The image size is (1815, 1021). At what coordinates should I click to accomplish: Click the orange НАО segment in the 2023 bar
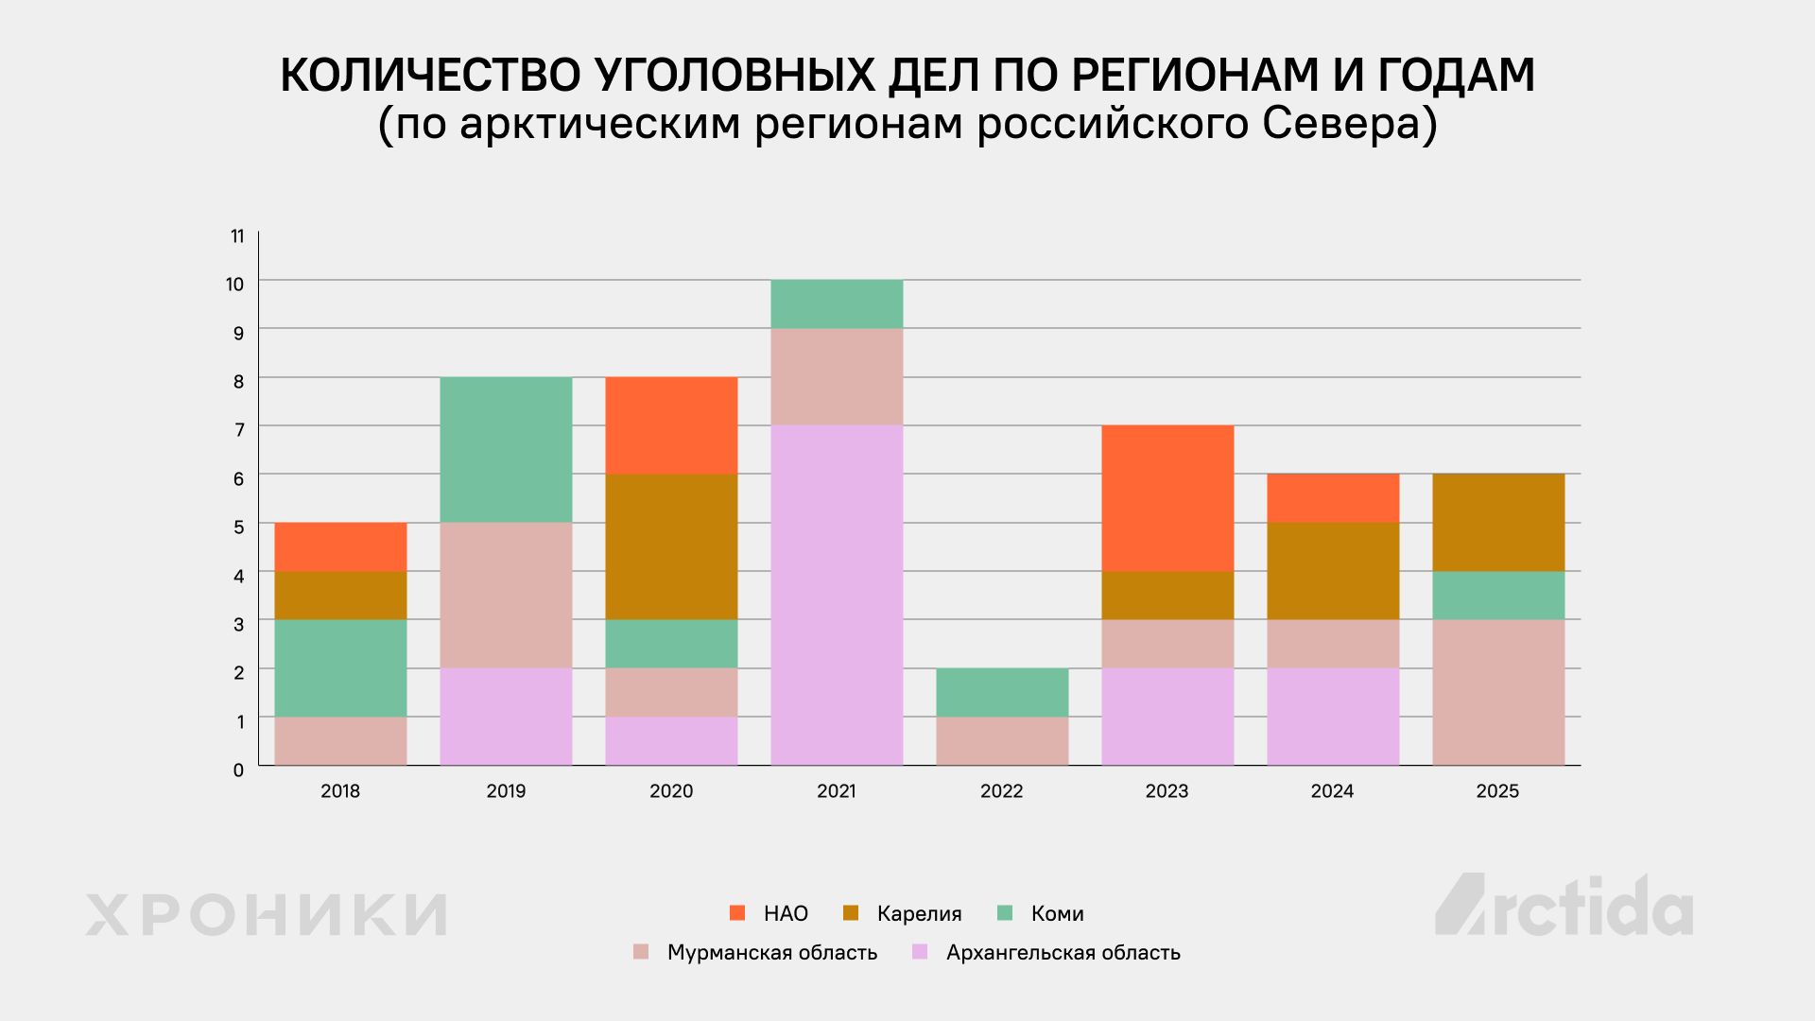point(1167,498)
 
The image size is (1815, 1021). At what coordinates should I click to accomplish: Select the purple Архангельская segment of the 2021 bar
point(837,596)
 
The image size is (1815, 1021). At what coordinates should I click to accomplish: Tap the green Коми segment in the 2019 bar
point(506,450)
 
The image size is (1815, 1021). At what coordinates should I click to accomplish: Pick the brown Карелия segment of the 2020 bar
point(671,546)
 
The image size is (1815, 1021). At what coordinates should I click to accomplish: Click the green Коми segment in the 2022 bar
point(1002,693)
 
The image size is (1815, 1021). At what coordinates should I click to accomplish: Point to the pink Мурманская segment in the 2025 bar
point(1498,693)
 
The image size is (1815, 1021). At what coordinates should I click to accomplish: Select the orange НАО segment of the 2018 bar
point(340,547)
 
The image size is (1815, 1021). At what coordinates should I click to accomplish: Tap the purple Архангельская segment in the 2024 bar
point(1333,718)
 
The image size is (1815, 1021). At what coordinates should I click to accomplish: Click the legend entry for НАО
point(769,913)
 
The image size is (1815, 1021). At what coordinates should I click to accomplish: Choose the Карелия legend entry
point(902,913)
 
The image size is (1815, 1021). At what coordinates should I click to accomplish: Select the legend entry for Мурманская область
point(755,952)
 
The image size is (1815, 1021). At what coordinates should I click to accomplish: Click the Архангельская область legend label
point(1046,952)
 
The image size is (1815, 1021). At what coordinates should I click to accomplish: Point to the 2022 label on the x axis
point(1002,791)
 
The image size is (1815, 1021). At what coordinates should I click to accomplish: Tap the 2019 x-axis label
point(506,791)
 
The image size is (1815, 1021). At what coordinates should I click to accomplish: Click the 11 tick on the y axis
point(237,236)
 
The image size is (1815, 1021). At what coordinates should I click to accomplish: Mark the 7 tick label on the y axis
point(239,430)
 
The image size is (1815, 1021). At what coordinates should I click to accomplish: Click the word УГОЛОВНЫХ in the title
point(735,76)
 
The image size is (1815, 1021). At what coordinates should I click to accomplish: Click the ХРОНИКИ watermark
point(267,914)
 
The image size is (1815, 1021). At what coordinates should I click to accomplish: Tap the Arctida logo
point(1564,905)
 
